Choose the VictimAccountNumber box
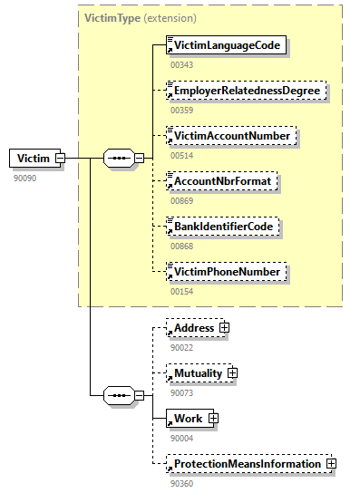pyautogui.click(x=232, y=136)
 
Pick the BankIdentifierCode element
pyautogui.click(x=223, y=226)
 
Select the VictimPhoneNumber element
pyautogui.click(x=228, y=271)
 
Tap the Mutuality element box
pyautogui.click(x=198, y=372)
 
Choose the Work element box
pyautogui.click(x=188, y=418)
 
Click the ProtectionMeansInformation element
pyautogui.click(x=246, y=463)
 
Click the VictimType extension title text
pyautogui.click(x=140, y=17)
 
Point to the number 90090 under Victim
pyautogui.click(x=25, y=179)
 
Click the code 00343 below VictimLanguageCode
pyautogui.click(x=181, y=64)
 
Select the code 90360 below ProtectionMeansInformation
pyautogui.click(x=181, y=483)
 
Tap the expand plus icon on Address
pyautogui.click(x=222, y=327)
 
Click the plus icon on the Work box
pyautogui.click(x=213, y=418)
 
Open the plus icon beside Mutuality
pyautogui.click(x=232, y=372)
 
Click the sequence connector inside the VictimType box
pyautogui.click(x=119, y=159)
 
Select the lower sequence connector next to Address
pyautogui.click(x=119, y=395)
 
